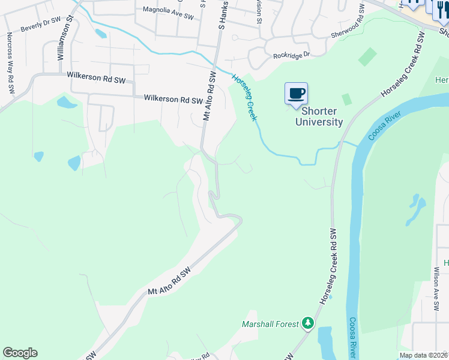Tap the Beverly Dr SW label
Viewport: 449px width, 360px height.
(x=41, y=24)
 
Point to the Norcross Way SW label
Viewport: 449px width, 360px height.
(x=10, y=63)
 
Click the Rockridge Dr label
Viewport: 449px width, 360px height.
(x=291, y=55)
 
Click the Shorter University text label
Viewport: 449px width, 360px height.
(x=319, y=117)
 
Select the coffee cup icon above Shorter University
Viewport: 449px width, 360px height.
(x=296, y=94)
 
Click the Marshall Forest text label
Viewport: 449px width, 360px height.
(x=270, y=324)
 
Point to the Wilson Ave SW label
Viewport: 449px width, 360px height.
(x=437, y=292)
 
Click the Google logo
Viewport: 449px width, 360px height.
(x=20, y=353)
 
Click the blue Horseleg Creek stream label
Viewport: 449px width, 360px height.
(x=245, y=97)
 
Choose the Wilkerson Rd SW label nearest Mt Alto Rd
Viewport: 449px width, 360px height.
(x=173, y=100)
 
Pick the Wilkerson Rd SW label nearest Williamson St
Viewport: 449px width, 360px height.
(x=96, y=76)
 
